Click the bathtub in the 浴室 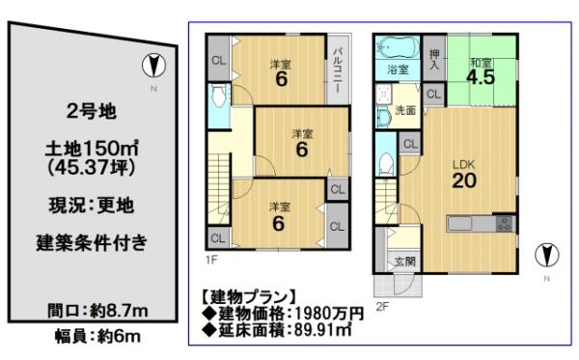click(x=398, y=47)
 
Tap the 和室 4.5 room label click(x=481, y=72)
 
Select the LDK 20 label click(x=464, y=175)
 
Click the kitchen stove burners click(x=504, y=223)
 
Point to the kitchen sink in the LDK click(x=459, y=223)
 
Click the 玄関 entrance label click(x=405, y=262)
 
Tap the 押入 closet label click(x=434, y=59)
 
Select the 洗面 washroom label click(x=405, y=110)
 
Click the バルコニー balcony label click(x=338, y=70)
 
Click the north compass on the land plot click(x=153, y=66)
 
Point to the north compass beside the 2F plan click(x=547, y=255)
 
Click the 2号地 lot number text click(x=92, y=111)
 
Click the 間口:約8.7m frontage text click(x=97, y=311)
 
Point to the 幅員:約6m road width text click(x=97, y=337)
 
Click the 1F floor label click(x=211, y=261)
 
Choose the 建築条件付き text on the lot click(x=92, y=242)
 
